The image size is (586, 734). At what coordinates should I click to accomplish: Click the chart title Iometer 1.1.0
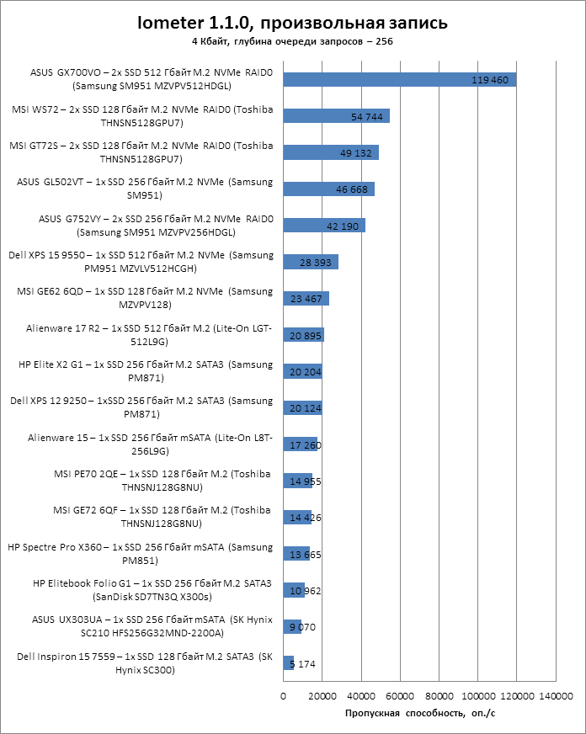pos(293,22)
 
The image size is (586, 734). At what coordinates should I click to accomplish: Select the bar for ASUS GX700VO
pos(400,80)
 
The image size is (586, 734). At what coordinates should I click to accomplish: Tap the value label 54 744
pos(368,116)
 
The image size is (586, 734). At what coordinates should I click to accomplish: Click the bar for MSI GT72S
pos(331,152)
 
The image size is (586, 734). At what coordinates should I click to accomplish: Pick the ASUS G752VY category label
pos(156,226)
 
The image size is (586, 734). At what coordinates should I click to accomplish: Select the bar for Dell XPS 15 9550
pos(311,262)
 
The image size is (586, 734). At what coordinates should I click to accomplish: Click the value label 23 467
pos(306,298)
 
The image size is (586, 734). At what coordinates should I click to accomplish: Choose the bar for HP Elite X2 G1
pos(302,371)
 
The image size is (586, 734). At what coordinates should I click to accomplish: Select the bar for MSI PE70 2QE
pos(297,481)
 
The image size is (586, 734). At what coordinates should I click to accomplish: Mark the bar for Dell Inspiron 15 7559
pos(288,663)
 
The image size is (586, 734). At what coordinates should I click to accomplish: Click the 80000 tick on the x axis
pos(439,696)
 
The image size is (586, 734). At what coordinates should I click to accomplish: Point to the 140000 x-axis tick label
pos(556,696)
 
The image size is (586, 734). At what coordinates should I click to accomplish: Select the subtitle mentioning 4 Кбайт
pos(292,40)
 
